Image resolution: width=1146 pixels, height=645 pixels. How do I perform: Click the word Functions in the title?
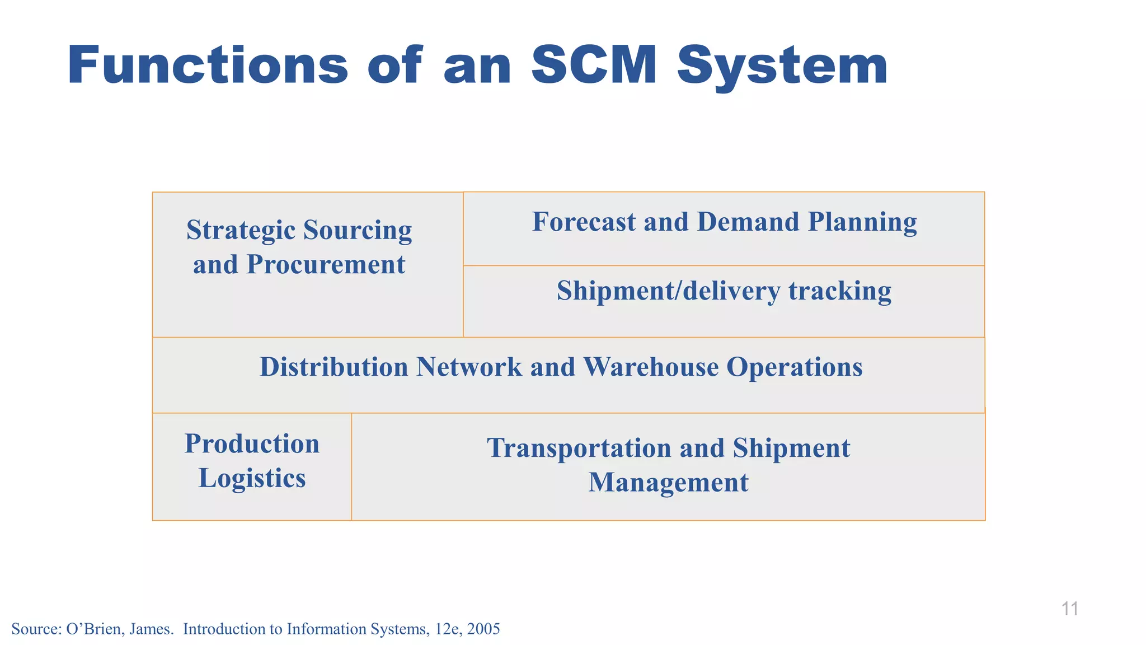(x=208, y=66)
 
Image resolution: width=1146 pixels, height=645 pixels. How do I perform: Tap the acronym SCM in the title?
(x=594, y=66)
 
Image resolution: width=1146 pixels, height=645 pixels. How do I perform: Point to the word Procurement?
(x=326, y=264)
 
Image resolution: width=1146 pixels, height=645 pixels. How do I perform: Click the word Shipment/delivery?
(x=668, y=291)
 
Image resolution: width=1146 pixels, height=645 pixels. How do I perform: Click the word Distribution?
(x=334, y=367)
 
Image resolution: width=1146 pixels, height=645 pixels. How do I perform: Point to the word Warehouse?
(x=650, y=367)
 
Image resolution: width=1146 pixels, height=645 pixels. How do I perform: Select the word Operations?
(x=795, y=368)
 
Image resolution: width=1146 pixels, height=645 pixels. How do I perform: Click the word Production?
(x=252, y=443)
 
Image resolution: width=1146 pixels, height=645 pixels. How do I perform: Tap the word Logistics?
(x=252, y=479)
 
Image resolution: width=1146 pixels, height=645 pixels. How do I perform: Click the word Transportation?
(x=579, y=448)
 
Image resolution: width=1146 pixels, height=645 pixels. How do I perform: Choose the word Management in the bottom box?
(x=668, y=483)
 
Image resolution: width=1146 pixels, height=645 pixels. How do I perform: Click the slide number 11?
(x=1069, y=609)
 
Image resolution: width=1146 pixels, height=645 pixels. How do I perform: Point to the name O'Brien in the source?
(x=91, y=629)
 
